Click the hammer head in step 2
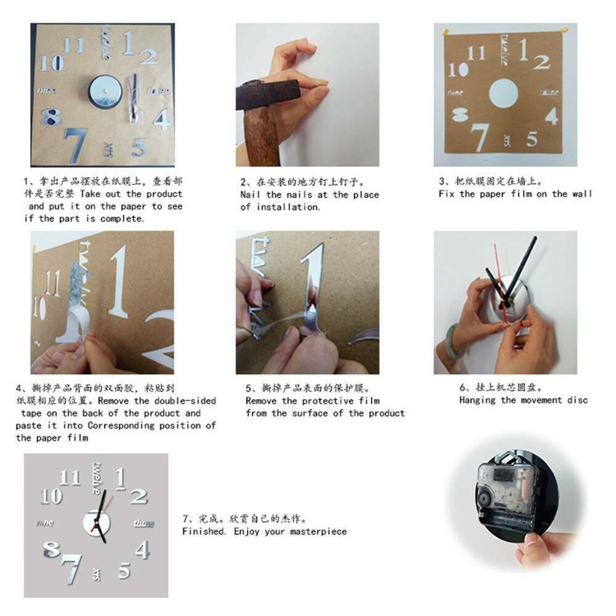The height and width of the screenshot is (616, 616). pos(266,95)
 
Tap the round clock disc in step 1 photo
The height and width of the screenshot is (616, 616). pos(102,90)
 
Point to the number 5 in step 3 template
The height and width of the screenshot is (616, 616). pos(532,138)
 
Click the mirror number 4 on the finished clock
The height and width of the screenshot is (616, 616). pos(142,550)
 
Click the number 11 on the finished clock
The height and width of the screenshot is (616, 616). pos(70,478)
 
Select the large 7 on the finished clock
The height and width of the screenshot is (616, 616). pos(71,568)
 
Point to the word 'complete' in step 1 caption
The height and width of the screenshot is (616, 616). pos(122,218)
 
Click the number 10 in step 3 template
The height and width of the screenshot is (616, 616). pos(458,69)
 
